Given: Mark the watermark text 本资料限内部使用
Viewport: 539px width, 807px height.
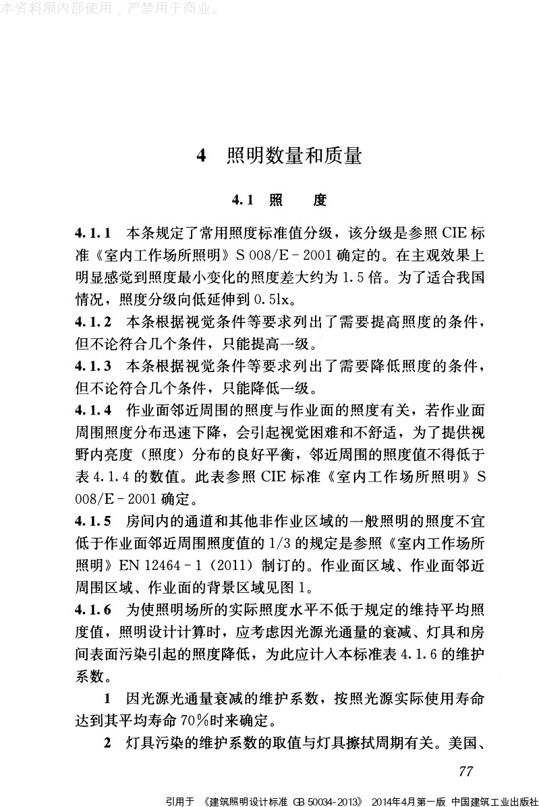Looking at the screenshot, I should pyautogui.click(x=57, y=9).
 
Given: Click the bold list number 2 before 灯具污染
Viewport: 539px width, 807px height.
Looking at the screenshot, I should pyautogui.click(x=107, y=742).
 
